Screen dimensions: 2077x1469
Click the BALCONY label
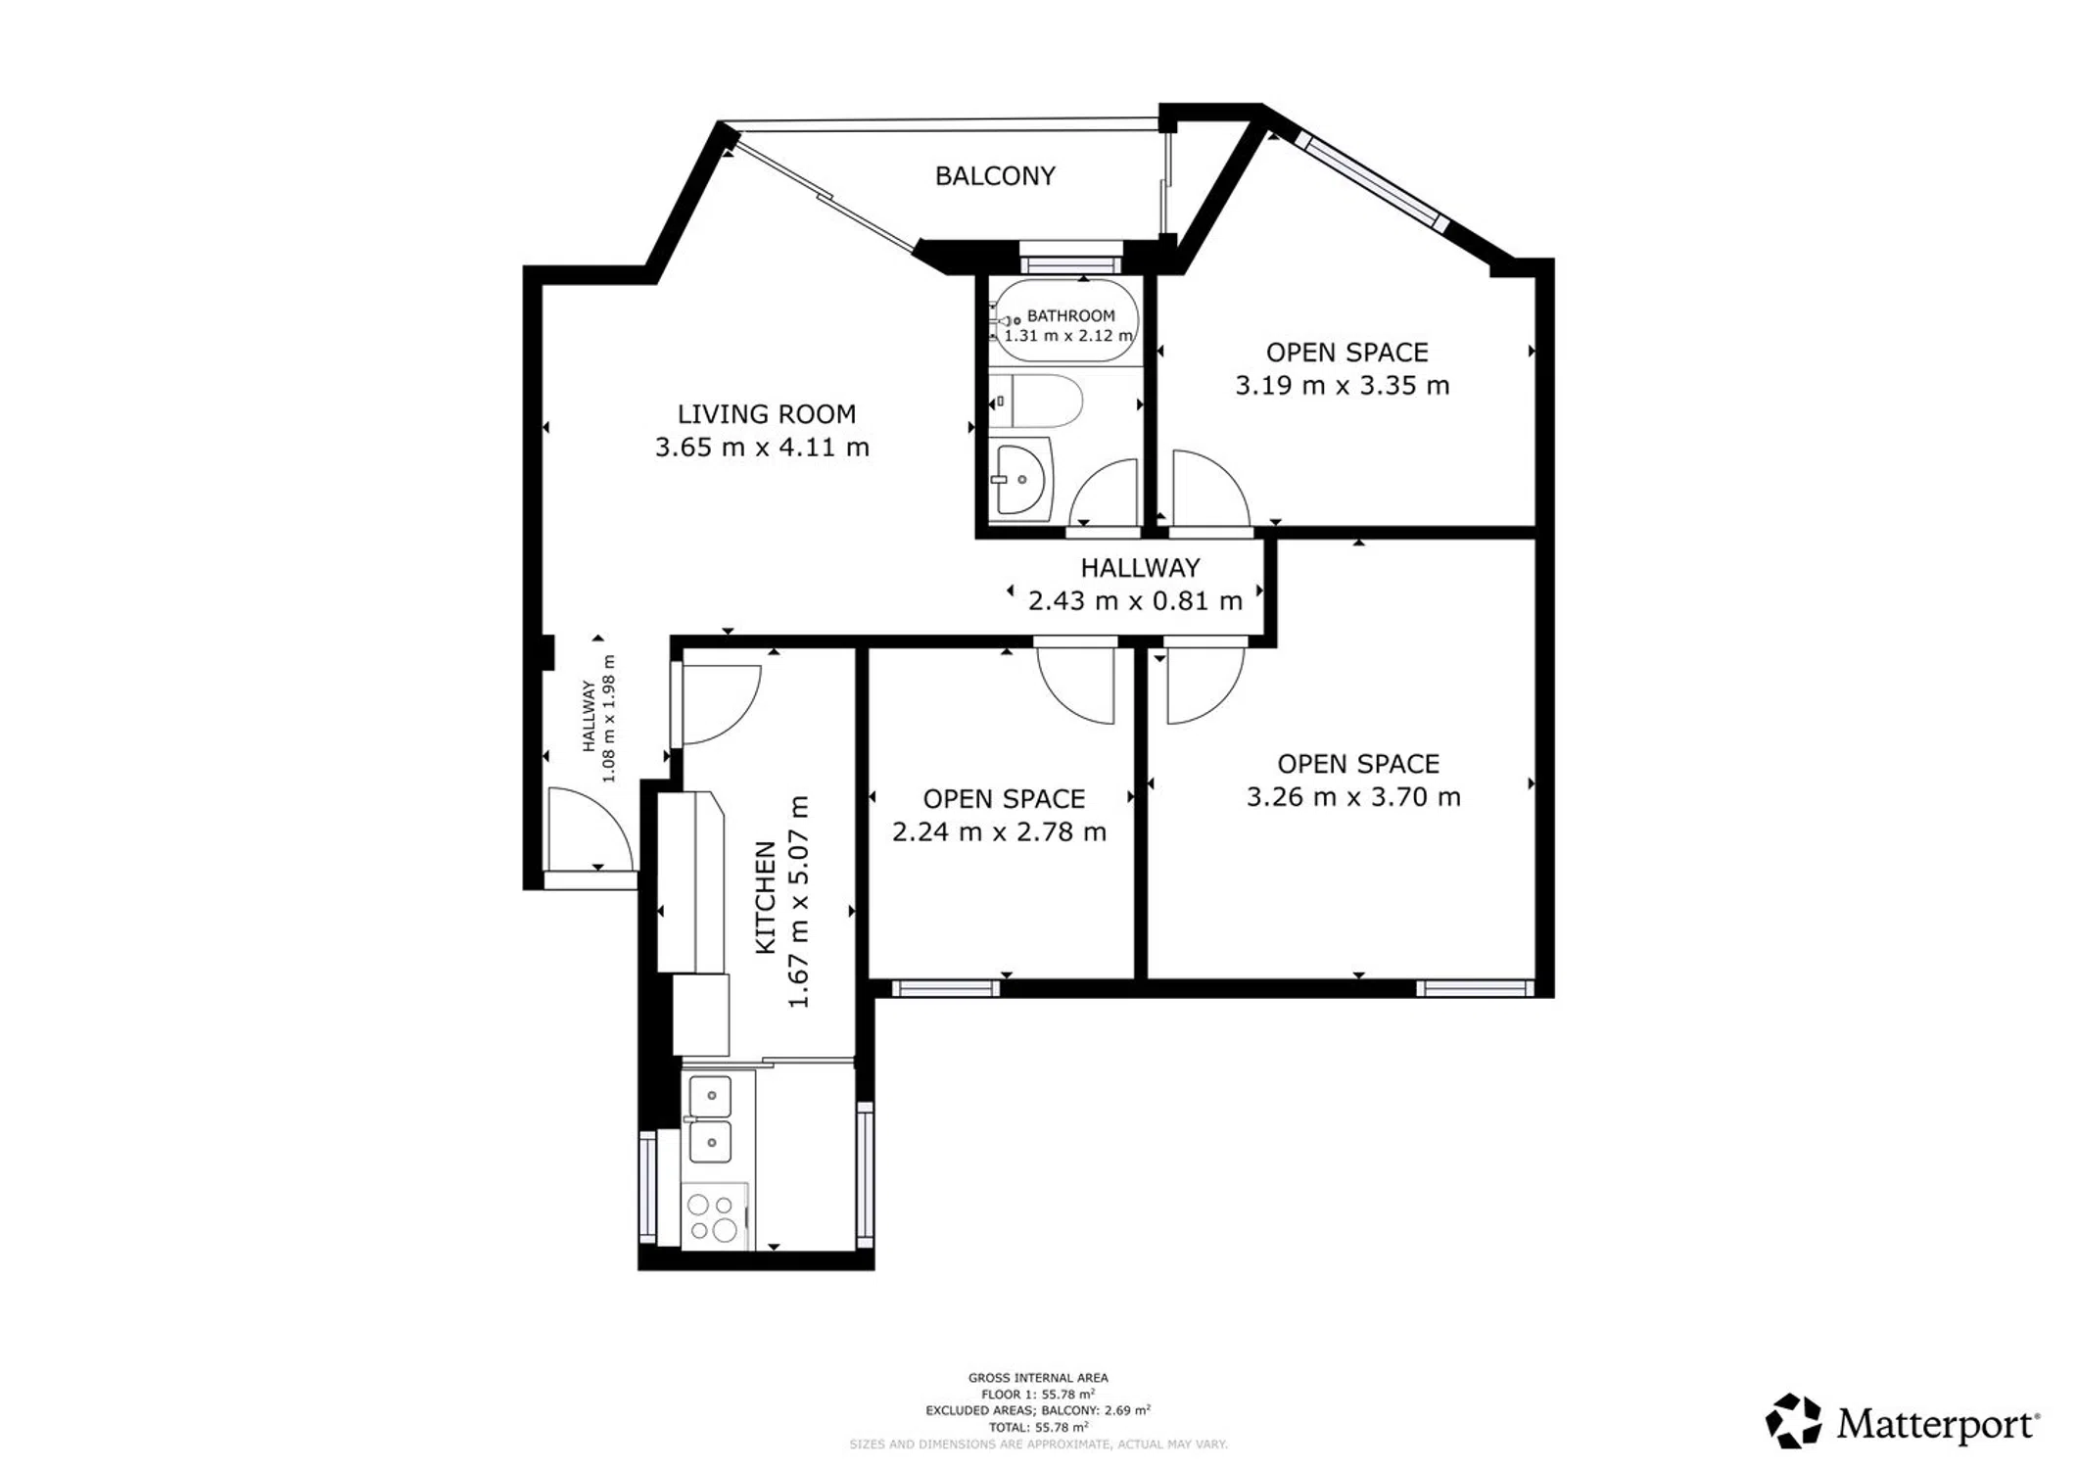[x=995, y=176]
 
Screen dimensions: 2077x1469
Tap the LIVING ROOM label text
[x=767, y=414]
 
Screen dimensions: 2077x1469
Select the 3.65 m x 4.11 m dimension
[x=762, y=448]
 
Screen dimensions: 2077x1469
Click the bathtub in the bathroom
[x=1065, y=321]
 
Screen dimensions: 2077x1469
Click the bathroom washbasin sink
[x=1020, y=480]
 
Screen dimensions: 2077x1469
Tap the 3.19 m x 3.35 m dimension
[x=1342, y=386]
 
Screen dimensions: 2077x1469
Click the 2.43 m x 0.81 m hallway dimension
[x=1135, y=600]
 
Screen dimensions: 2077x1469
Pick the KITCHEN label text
[x=765, y=897]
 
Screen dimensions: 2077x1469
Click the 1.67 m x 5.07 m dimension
[x=799, y=902]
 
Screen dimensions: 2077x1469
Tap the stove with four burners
[x=714, y=1217]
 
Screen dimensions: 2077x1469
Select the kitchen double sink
[x=711, y=1117]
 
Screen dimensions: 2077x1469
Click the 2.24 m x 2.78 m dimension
[x=999, y=832]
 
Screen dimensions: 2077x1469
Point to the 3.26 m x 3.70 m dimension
[x=1353, y=797]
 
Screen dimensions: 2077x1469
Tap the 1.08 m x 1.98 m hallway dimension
[x=608, y=719]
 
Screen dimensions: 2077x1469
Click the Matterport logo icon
[x=1794, y=1421]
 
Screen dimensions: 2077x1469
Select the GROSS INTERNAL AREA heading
[x=1038, y=1378]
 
